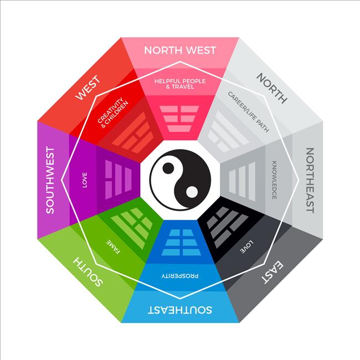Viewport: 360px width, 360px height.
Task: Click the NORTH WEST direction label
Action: coord(180,50)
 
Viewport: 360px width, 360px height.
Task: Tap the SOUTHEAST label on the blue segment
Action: coord(180,310)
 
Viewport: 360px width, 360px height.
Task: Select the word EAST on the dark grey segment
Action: coord(272,272)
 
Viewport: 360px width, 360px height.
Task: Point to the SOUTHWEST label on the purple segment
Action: coord(50,180)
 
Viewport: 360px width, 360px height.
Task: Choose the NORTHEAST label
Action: coord(310,181)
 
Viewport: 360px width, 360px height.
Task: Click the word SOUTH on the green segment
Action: coord(88,272)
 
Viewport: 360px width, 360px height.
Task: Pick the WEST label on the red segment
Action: coord(89,88)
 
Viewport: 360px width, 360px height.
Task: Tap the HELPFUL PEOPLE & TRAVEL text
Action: coord(180,84)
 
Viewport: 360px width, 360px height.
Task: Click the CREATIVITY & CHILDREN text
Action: coord(113,112)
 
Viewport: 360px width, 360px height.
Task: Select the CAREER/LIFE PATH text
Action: coord(248,112)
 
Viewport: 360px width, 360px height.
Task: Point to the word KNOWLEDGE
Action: coord(274,180)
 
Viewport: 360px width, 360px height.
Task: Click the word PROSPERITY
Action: coord(180,276)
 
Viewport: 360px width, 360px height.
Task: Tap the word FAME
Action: coord(114,247)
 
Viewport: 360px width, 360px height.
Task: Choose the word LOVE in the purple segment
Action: coord(85,180)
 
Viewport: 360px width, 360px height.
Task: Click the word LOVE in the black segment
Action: coord(246,247)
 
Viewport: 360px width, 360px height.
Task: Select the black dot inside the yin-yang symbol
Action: coord(168,168)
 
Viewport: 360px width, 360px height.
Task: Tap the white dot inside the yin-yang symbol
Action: coord(192,192)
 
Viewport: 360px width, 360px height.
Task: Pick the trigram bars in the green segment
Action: coord(132,228)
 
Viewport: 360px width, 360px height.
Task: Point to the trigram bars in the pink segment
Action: coord(179,119)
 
